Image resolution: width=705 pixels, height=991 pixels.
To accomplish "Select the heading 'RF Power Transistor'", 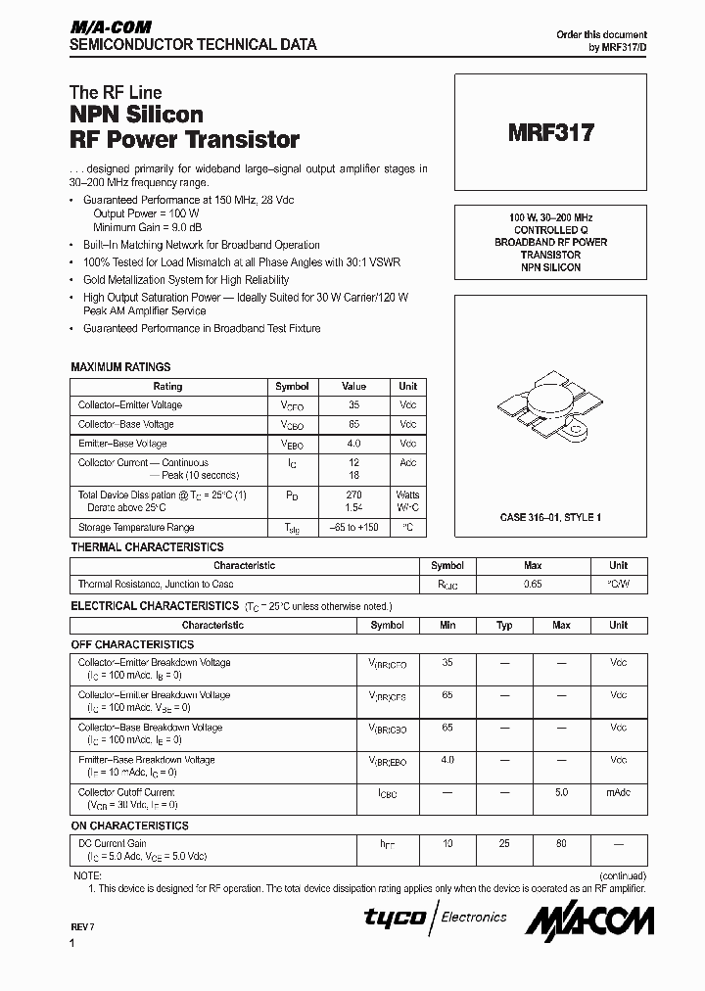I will click(184, 139).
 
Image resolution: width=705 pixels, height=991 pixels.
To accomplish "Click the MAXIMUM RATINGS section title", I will click(120, 367).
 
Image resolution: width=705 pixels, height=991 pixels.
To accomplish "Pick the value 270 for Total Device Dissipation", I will click(353, 495).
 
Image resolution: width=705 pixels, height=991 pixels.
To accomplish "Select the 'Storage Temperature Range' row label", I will click(136, 528).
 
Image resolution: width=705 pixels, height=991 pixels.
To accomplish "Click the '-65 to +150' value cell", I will click(353, 528).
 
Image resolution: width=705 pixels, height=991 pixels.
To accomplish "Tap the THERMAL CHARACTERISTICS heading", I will click(147, 547).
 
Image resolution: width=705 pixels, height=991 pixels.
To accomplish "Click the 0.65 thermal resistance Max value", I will click(533, 584).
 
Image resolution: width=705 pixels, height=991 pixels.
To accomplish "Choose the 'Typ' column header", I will click(504, 625).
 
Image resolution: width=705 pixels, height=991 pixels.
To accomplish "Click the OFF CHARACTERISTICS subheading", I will click(132, 644).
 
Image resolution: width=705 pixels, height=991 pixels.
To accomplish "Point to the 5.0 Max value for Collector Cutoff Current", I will click(561, 792).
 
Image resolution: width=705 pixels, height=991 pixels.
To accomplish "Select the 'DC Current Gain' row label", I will click(113, 843).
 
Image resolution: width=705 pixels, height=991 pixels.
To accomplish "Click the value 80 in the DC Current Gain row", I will click(561, 843).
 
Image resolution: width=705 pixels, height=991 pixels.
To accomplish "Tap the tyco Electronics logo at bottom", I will click(436, 918).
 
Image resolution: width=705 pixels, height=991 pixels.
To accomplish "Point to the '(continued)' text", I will click(621, 875).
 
